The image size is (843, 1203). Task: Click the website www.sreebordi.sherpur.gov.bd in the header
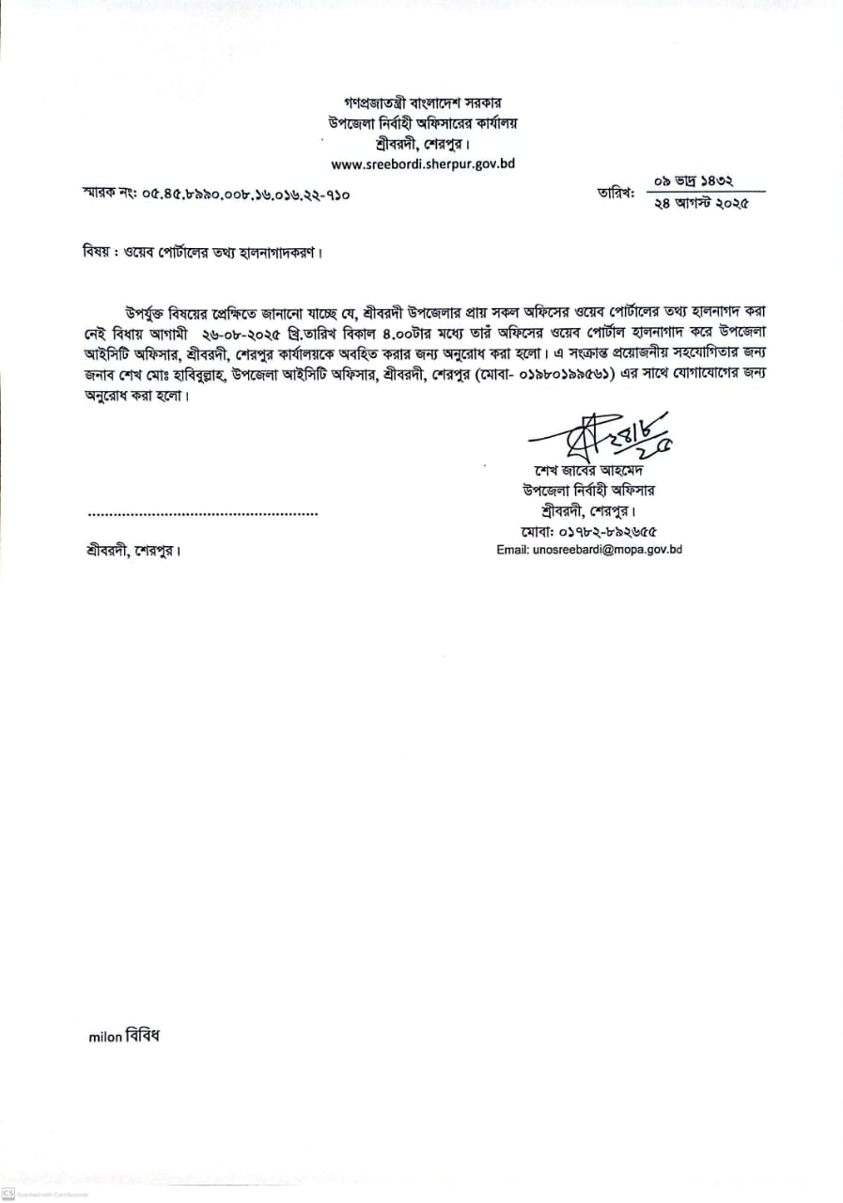tap(423, 164)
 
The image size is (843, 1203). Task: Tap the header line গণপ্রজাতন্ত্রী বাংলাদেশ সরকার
tap(423, 102)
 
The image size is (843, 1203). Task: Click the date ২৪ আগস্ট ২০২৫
tap(700, 207)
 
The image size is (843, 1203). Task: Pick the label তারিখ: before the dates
tap(615, 194)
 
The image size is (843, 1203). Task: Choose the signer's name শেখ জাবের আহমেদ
tap(587, 470)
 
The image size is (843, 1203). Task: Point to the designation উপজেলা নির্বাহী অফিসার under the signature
tap(589, 490)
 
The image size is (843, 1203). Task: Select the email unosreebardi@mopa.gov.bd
tap(589, 550)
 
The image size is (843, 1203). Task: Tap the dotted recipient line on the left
tap(203, 513)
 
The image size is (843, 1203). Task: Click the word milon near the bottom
tap(105, 1038)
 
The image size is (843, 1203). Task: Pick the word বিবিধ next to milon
tap(143, 1037)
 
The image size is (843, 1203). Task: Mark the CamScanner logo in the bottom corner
tap(8, 1194)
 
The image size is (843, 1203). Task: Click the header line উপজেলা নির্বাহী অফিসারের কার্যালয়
tap(423, 122)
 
